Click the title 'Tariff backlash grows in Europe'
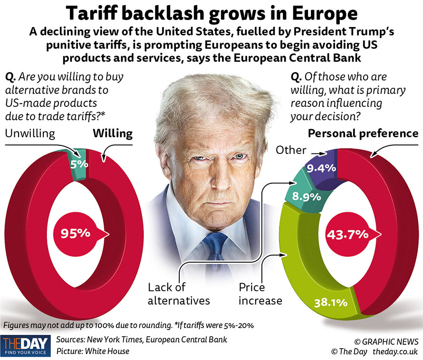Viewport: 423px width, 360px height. coord(211,13)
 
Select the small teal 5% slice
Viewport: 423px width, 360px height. coord(79,164)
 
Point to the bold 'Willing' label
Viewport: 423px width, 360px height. coord(113,133)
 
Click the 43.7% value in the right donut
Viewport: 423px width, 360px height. coord(347,234)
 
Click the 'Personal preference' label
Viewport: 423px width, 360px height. coord(364,133)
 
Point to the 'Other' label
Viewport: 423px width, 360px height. coord(291,150)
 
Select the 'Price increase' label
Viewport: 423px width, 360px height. coord(260,294)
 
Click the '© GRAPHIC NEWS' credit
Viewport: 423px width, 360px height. coord(386,341)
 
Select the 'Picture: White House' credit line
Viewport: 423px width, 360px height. coord(93,351)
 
